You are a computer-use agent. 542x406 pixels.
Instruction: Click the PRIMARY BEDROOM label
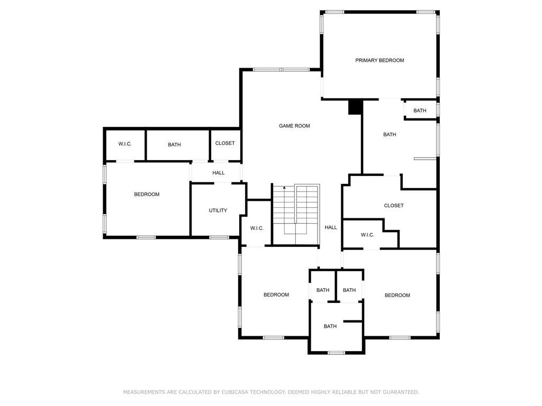point(380,60)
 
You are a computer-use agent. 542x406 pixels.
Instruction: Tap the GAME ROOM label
point(294,126)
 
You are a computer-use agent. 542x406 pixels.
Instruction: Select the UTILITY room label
point(218,210)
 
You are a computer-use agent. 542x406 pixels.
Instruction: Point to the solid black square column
point(355,107)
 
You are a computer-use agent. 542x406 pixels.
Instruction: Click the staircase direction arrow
point(284,188)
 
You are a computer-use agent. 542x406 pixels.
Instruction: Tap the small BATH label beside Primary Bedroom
point(420,110)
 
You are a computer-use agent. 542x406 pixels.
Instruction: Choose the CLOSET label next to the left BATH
point(224,143)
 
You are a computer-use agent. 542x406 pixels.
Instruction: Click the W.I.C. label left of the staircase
point(257,228)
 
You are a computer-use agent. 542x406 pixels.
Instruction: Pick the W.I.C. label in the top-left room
point(125,144)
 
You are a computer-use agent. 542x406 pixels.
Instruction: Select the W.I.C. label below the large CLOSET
point(367,235)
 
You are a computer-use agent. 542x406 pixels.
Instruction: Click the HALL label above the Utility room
point(219,173)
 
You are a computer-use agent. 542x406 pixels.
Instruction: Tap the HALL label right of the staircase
point(331,227)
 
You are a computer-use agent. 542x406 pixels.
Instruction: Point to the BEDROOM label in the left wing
point(147,195)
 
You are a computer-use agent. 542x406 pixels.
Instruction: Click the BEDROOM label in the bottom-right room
point(397,295)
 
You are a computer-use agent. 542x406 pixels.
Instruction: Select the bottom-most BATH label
point(330,326)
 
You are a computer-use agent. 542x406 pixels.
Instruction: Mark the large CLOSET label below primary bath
point(394,206)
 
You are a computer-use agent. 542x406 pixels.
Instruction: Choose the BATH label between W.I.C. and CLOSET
point(174,145)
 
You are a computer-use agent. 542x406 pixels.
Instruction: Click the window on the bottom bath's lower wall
point(336,353)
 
